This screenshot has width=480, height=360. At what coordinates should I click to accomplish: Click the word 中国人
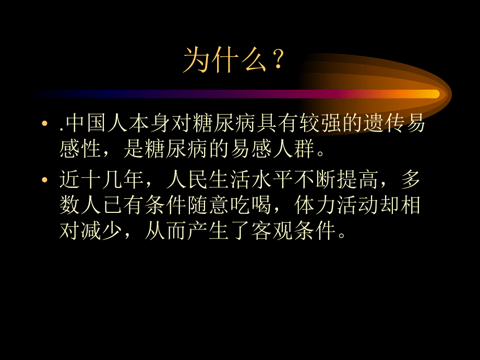(x=96, y=126)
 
